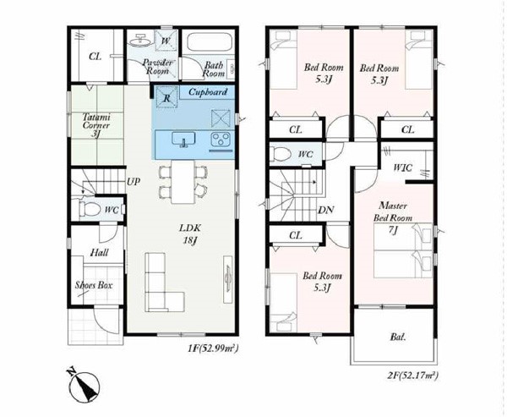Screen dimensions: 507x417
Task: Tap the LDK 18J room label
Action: coord(190,234)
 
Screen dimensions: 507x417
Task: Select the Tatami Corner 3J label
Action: coord(96,125)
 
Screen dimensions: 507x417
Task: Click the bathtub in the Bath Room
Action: coord(209,41)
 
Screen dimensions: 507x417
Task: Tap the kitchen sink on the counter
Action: coord(183,140)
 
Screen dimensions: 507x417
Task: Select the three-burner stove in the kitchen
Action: coord(221,140)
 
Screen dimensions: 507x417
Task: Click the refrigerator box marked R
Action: coord(166,97)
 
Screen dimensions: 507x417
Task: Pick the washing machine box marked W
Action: coord(166,41)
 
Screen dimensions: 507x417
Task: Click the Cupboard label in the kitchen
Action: coord(208,92)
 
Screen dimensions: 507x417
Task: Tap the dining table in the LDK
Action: coord(183,182)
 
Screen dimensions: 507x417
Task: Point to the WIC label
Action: coord(402,167)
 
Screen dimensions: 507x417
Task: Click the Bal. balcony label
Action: coord(398,337)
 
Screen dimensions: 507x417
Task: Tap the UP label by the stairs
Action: coord(134,182)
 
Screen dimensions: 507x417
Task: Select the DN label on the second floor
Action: coord(326,210)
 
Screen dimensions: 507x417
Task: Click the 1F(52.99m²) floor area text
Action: coord(213,348)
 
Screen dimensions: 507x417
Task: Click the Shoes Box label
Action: coord(94,285)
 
